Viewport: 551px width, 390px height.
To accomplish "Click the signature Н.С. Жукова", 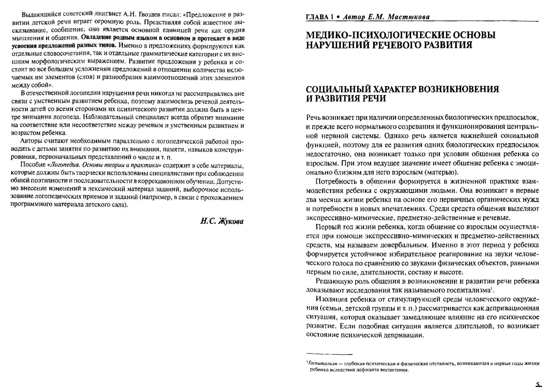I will click(x=222, y=221).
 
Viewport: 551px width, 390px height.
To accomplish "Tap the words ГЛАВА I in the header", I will click(x=319, y=17).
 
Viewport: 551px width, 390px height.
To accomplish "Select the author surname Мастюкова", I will click(x=408, y=17).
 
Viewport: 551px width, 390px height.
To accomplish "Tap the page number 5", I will click(x=538, y=384).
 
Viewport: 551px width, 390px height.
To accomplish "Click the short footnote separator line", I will click(x=329, y=354).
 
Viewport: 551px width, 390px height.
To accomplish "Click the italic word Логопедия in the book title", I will click(x=61, y=165).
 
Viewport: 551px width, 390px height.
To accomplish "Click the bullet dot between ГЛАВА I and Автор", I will click(x=338, y=17).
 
